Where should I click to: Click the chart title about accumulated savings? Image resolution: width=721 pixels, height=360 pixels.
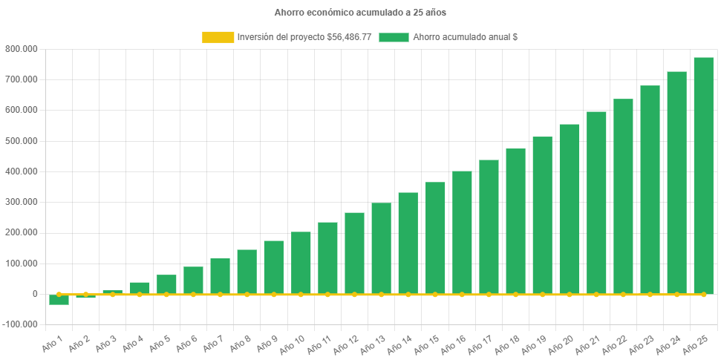coord(360,13)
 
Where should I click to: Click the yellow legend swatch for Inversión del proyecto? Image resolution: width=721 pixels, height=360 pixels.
coord(217,36)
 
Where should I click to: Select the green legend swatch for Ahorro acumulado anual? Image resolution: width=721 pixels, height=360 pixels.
coord(394,36)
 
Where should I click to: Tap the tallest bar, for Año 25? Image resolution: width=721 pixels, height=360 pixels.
coord(703,175)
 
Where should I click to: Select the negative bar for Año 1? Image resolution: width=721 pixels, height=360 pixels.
coord(59,300)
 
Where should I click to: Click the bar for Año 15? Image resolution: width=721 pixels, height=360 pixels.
coord(435,238)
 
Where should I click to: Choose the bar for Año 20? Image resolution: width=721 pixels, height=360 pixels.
coord(570,209)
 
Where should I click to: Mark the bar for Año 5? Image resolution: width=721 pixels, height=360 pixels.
coord(166,284)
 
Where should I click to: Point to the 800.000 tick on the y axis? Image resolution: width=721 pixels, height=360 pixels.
coord(20,49)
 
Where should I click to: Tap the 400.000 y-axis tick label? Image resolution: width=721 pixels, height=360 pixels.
coord(20,171)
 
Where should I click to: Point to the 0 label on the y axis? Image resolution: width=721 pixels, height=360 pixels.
coord(34,294)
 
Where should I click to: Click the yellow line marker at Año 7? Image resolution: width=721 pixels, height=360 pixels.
coord(220,295)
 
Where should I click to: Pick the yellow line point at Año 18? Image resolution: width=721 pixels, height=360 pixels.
coord(515,295)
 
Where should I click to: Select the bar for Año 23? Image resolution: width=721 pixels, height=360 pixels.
coord(650,190)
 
